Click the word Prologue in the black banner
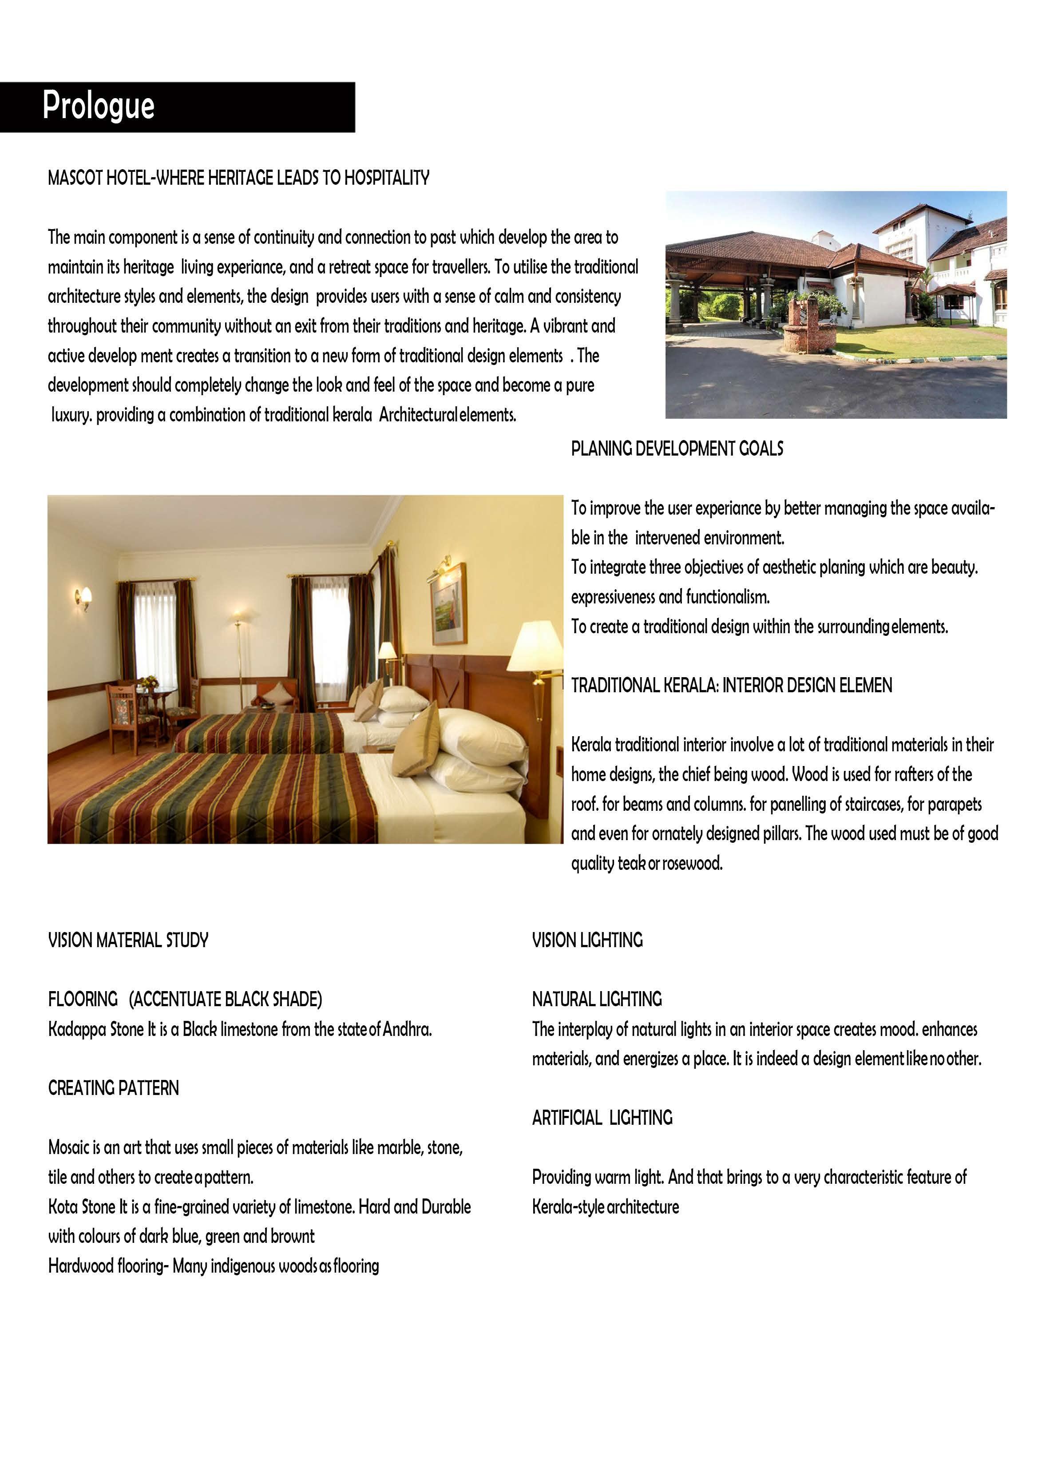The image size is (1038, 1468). click(x=99, y=106)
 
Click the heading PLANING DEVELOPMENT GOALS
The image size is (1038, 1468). click(x=677, y=449)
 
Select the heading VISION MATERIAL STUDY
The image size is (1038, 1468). click(x=128, y=940)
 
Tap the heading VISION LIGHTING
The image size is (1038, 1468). click(x=587, y=940)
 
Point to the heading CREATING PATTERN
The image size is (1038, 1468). click(x=113, y=1088)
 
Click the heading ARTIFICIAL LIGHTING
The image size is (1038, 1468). click(x=602, y=1118)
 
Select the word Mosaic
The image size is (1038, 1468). click(x=68, y=1148)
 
